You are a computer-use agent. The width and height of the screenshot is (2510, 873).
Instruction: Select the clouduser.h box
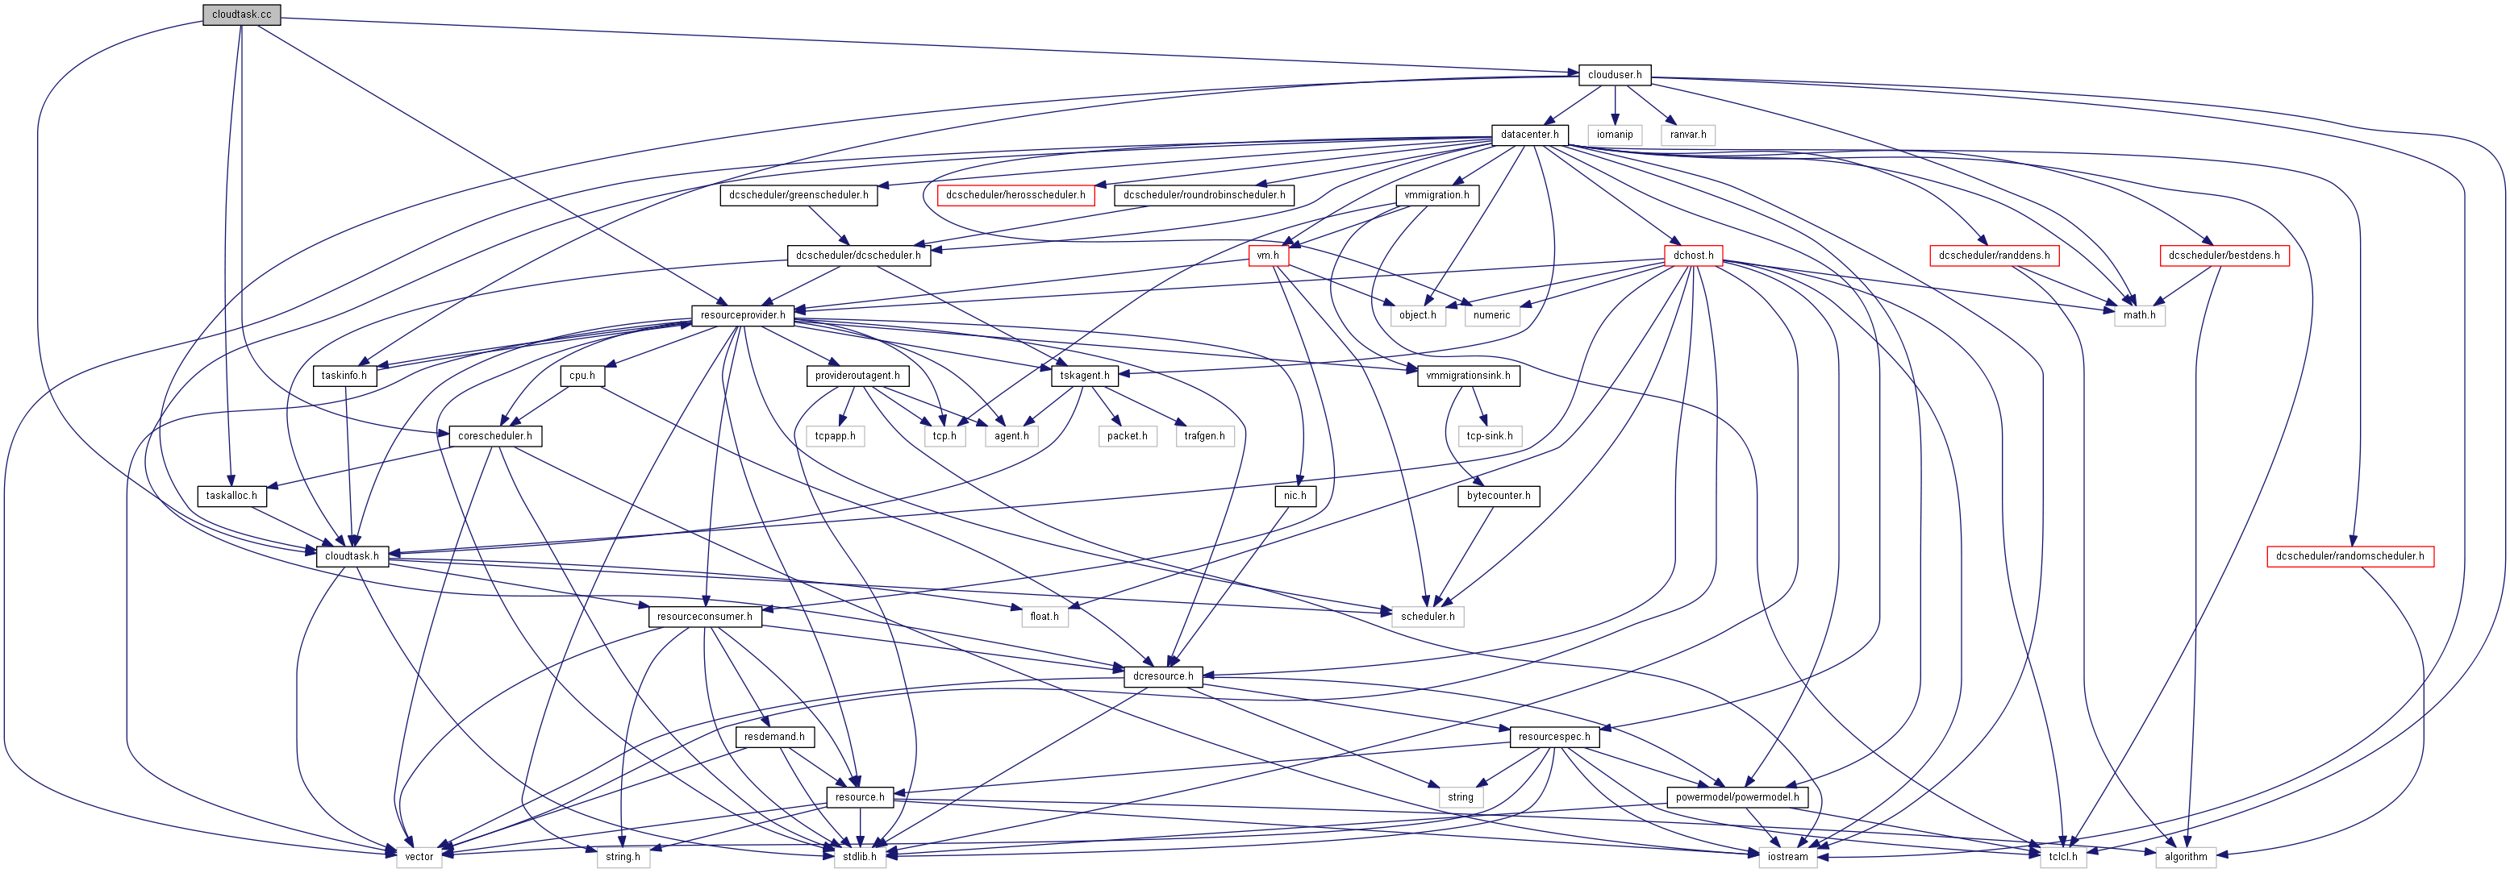coord(1615,75)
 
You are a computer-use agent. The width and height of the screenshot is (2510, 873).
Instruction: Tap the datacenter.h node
coord(1528,135)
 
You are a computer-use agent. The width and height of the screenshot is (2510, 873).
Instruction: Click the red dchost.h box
coord(1694,256)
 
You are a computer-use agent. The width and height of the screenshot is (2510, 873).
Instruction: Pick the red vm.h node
coord(1268,256)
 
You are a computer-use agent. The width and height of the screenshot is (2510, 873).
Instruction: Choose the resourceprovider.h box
coord(743,316)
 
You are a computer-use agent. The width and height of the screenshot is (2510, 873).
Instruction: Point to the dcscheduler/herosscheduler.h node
coord(1015,195)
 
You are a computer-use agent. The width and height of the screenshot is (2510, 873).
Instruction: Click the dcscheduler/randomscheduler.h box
coord(2349,556)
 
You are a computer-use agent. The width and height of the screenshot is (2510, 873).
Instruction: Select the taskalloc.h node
coord(231,496)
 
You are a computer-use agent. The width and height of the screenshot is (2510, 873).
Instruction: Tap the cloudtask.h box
coord(352,556)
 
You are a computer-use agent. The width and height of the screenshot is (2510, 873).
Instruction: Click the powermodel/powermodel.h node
coord(1737,797)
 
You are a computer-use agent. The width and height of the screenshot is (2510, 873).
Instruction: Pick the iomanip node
coord(1615,135)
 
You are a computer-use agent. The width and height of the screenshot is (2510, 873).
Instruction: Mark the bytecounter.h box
coord(1499,496)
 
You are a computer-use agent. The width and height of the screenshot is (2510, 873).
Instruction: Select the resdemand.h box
coord(774,737)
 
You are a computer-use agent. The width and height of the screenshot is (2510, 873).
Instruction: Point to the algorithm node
coord(2186,858)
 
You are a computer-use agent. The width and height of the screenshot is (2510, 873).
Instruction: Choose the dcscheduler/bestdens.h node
coord(2224,256)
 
